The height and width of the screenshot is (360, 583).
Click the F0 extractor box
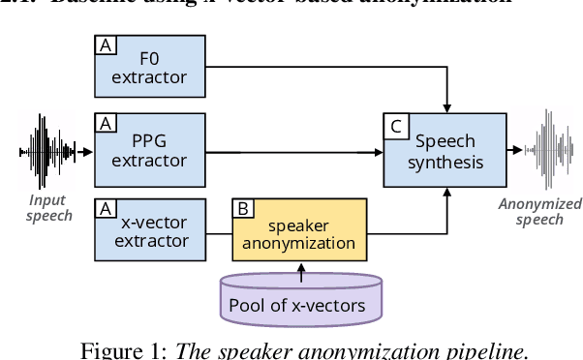point(150,67)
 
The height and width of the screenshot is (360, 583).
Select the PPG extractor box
point(150,150)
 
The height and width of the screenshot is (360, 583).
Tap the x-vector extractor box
point(150,230)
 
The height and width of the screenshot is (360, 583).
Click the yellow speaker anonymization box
point(300,230)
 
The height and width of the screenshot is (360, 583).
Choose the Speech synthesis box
point(445,150)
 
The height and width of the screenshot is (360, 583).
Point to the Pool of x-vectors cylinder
point(300,298)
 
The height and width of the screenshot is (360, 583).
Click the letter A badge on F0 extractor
point(106,45)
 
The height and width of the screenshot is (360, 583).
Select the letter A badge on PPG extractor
point(106,122)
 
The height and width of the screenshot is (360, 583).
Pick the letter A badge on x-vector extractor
point(106,207)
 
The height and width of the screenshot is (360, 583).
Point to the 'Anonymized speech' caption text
point(539,211)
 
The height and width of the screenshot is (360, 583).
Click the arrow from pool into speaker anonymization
point(300,272)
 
